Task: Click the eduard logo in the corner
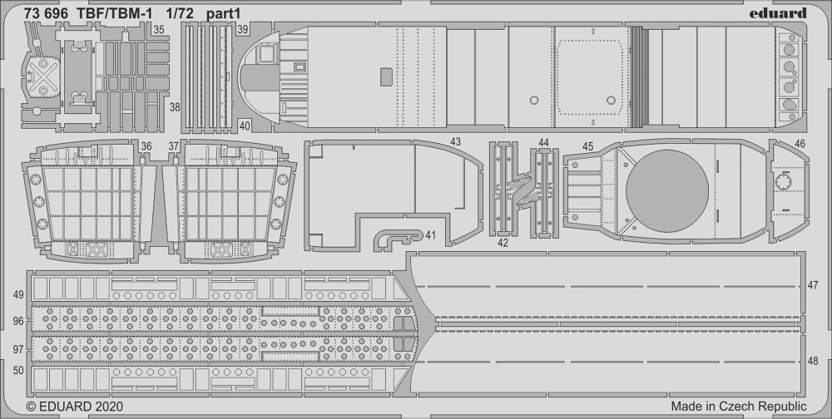(x=778, y=13)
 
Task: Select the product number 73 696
(x=46, y=14)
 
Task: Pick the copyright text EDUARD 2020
(x=74, y=407)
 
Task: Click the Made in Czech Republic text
(x=739, y=407)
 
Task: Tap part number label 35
(x=158, y=30)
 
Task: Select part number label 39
(x=242, y=30)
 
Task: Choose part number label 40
(x=244, y=126)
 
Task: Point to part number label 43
(x=455, y=142)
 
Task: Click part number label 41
(x=430, y=235)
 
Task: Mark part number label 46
(x=800, y=144)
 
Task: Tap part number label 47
(x=813, y=285)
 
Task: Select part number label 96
(x=18, y=322)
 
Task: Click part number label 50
(x=18, y=371)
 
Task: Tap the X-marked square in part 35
(x=43, y=77)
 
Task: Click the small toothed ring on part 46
(x=783, y=182)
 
